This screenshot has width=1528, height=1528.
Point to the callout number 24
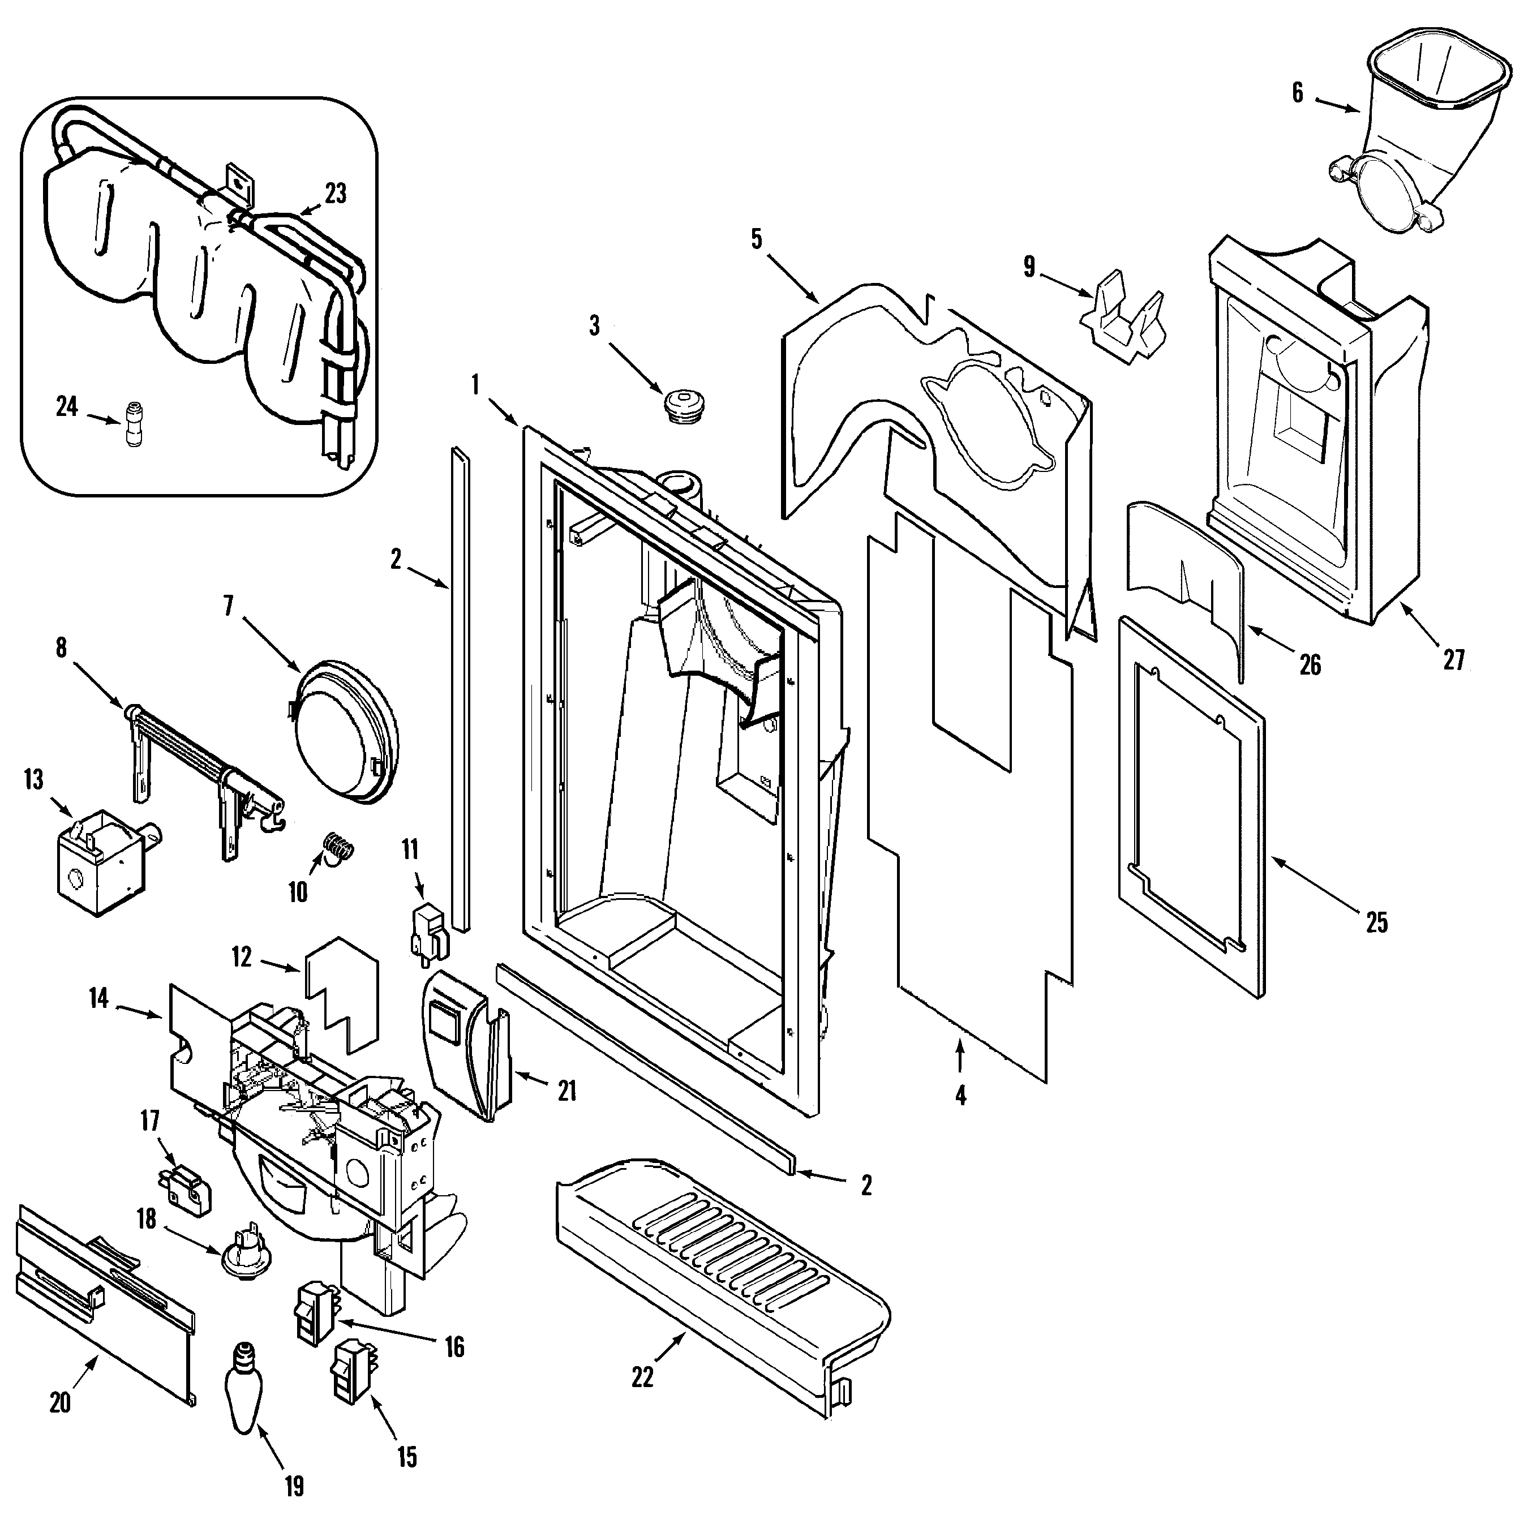point(67,406)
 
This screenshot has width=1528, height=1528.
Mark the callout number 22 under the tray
point(643,1377)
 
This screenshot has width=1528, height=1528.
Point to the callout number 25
point(1376,922)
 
